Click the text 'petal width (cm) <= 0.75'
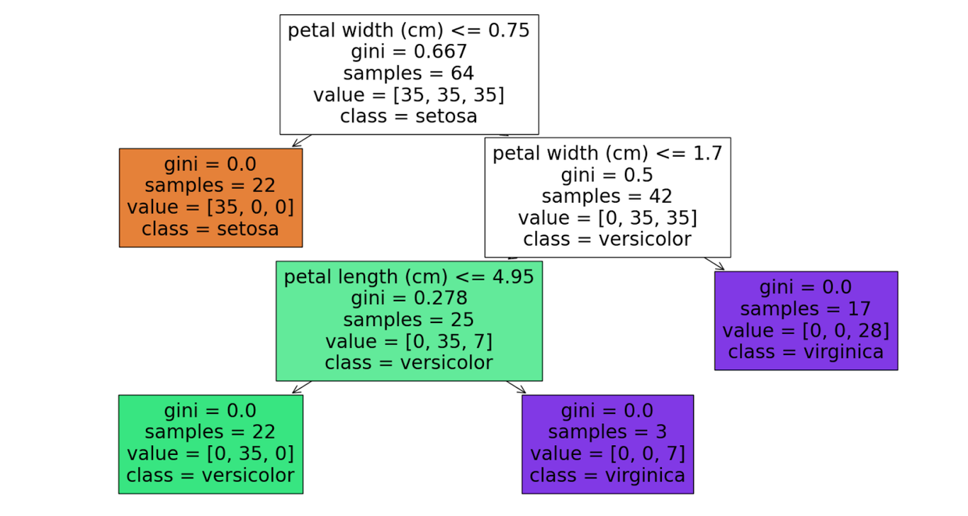tap(409, 30)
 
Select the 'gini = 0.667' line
tap(409, 52)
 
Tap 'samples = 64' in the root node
tap(409, 73)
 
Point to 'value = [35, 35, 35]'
tap(409, 95)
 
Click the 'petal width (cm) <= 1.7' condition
tap(607, 153)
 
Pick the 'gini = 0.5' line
tap(607, 175)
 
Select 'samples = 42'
tap(607, 196)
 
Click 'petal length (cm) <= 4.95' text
tap(409, 276)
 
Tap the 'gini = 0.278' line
tap(409, 298)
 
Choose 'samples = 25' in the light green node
tap(409, 320)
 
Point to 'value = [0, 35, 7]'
tap(409, 342)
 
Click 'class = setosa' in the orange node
tap(210, 229)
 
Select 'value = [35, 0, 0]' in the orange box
tap(210, 207)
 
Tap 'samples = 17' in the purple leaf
tap(806, 309)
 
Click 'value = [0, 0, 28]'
tap(806, 330)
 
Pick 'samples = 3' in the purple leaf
tap(607, 432)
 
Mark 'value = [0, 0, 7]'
tap(607, 454)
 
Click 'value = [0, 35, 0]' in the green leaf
tap(210, 454)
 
